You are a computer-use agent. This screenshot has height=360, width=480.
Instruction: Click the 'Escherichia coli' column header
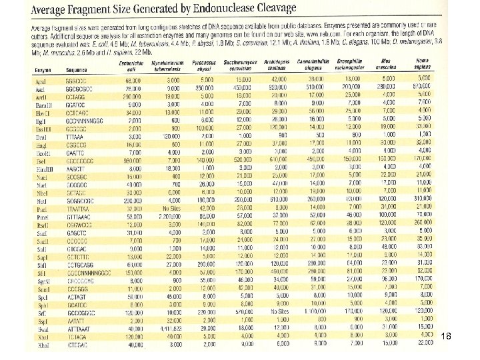[135, 65]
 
